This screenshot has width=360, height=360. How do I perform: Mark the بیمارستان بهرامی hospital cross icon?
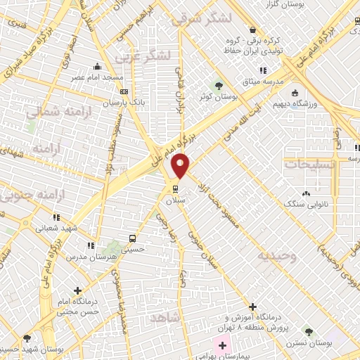click(x=222, y=346)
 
